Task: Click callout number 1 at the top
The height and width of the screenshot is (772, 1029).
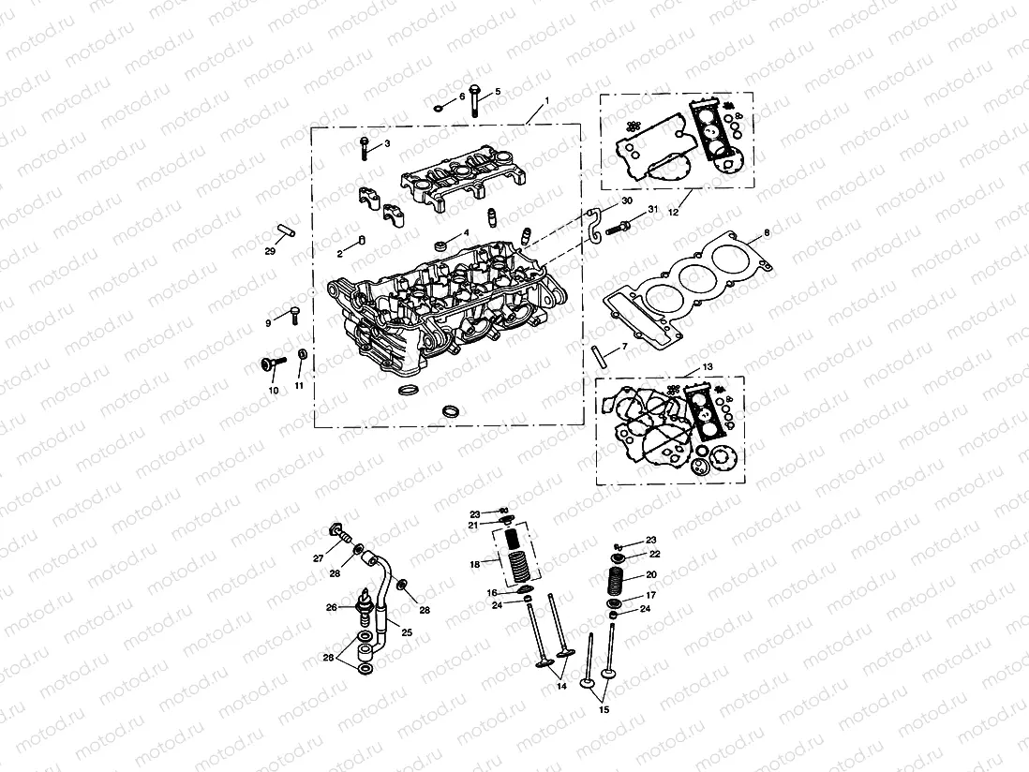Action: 546,99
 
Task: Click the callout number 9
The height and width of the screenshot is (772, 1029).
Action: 268,322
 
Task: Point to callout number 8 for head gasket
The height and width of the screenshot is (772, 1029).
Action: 766,231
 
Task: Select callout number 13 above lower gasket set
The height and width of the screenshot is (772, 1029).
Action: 707,366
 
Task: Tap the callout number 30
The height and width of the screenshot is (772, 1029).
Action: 627,201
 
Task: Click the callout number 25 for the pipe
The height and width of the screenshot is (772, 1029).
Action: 407,631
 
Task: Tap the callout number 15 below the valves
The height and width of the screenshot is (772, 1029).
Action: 604,709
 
